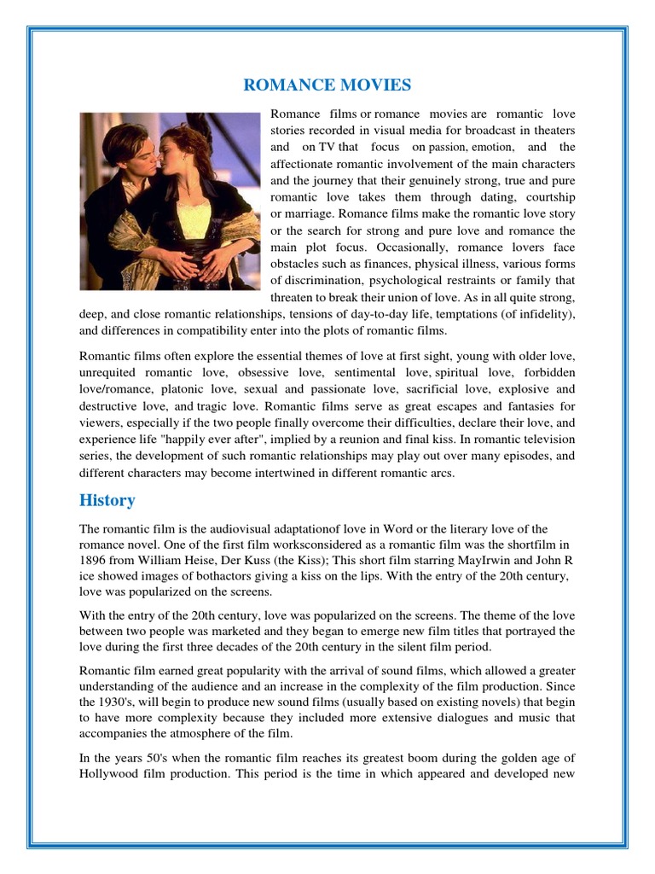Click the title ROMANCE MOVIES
[327, 84]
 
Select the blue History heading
[107, 500]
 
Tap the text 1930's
[100, 702]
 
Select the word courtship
[547, 197]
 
